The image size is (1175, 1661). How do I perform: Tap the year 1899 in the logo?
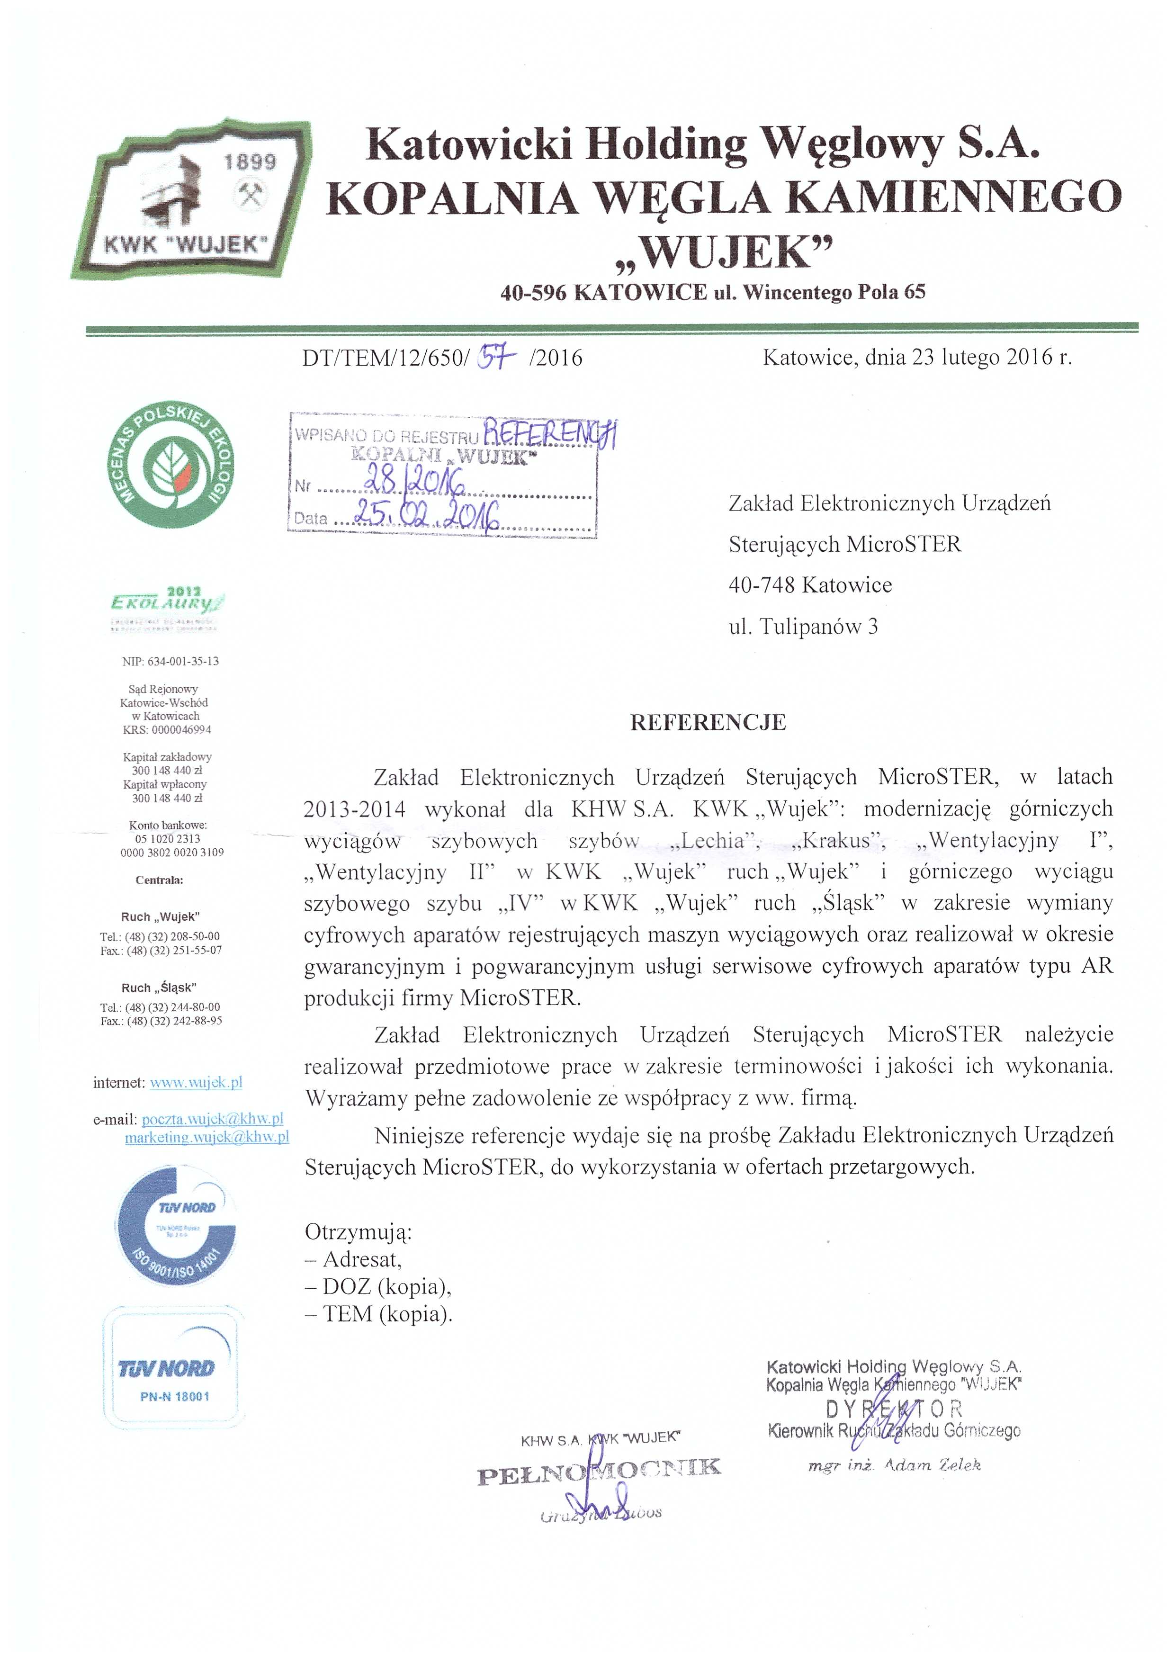pos(250,162)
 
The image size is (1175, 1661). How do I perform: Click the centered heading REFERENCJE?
pos(708,723)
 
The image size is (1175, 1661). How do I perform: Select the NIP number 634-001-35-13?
pos(171,661)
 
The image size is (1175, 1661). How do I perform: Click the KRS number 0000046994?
pos(167,730)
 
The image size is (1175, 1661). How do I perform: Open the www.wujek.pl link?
pos(195,1083)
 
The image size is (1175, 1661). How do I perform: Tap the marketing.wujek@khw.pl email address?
pos(207,1137)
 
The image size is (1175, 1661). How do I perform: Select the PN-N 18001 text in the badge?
pos(174,1397)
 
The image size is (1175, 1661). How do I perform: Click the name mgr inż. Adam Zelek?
pos(894,1466)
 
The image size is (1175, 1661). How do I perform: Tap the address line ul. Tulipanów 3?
pos(803,627)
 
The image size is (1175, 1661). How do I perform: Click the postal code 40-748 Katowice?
pos(810,584)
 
